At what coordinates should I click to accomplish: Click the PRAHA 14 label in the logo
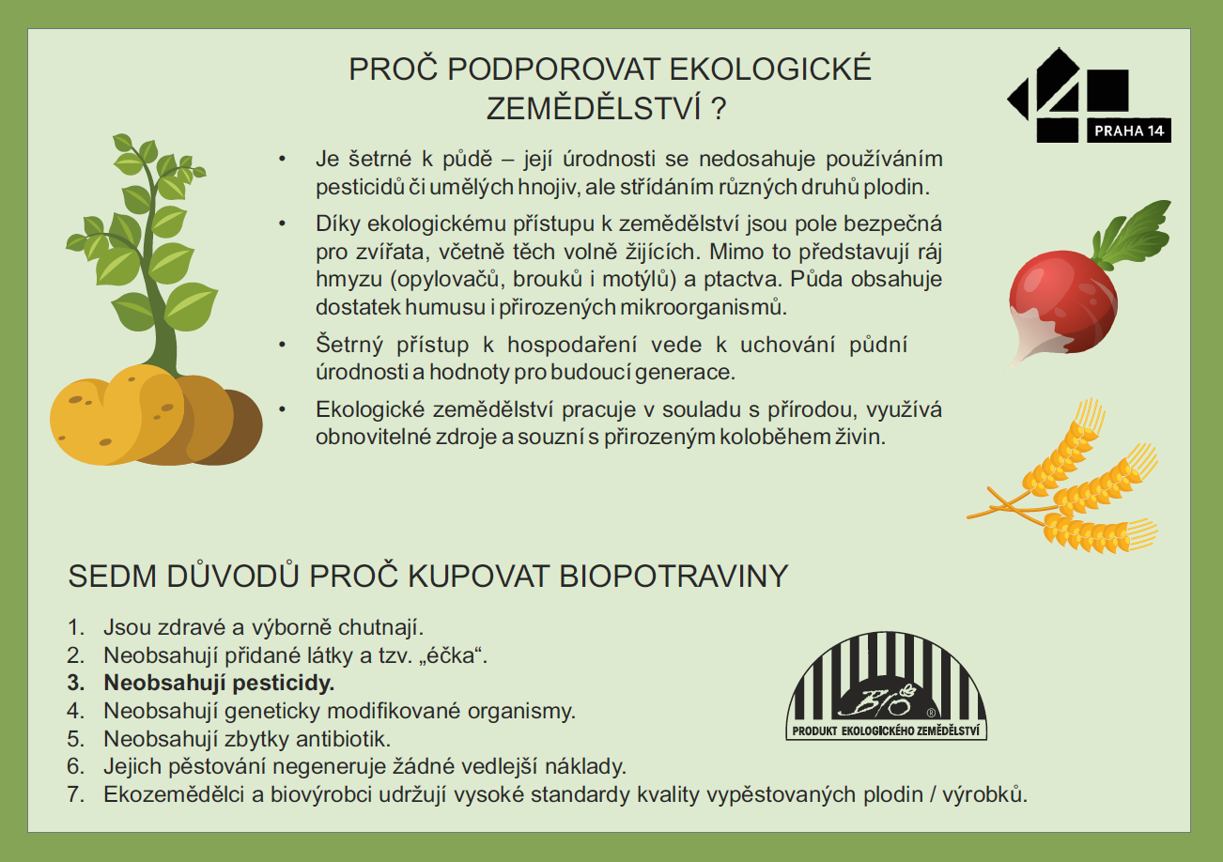(1128, 131)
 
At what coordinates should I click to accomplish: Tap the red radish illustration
(1062, 306)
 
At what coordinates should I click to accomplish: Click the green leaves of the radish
(1131, 233)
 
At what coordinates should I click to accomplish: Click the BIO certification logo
(886, 685)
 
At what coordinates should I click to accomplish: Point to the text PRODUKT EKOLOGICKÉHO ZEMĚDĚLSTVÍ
(886, 731)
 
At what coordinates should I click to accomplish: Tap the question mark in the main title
(720, 109)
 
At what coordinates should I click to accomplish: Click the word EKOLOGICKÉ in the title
(770, 69)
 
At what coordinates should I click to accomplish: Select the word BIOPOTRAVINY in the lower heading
(673, 576)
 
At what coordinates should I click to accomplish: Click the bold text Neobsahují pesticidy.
(219, 683)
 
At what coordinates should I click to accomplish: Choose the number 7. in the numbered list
(76, 794)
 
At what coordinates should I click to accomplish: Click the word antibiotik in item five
(344, 739)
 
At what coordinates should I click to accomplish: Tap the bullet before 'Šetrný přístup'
(283, 345)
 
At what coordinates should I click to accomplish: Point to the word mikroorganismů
(704, 307)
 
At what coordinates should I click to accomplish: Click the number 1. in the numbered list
(76, 627)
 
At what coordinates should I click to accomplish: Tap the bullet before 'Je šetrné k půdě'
(283, 160)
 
